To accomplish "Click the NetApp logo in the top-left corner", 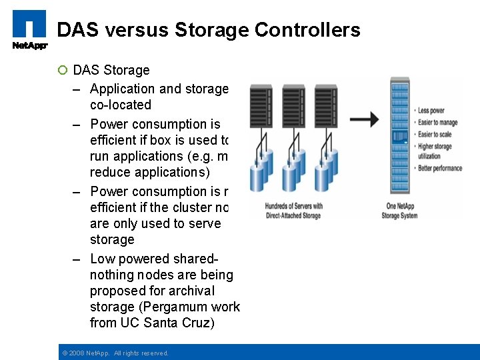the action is [x=29, y=29].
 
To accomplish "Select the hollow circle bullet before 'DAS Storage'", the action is [x=63, y=71].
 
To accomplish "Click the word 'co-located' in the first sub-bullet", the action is [x=121, y=105].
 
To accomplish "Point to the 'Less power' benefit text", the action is [x=431, y=111].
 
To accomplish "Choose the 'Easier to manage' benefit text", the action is [x=438, y=123].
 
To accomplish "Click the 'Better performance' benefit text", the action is [x=439, y=168].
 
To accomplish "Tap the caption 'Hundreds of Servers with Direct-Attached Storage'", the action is [x=293, y=211].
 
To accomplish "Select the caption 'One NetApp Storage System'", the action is [x=399, y=211].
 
